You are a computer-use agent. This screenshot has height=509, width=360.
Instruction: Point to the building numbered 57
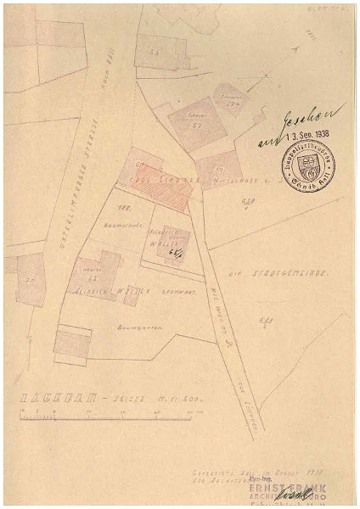click(x=194, y=124)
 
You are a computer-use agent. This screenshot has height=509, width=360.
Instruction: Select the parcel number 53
click(x=154, y=52)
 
